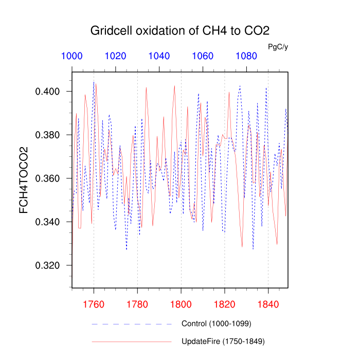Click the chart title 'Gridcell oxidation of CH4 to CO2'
180,30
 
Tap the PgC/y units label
278,47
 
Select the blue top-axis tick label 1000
72,56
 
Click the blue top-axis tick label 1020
116,56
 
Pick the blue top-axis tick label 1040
159,56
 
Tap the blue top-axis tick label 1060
203,56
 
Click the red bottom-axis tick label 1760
94,304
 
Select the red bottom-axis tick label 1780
137,304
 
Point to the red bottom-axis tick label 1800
181,304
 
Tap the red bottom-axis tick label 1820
225,304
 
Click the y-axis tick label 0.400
48,92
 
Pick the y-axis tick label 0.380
48,135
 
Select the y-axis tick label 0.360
48,178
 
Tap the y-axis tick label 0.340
48,222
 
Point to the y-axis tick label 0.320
48,266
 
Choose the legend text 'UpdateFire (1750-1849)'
223,341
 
